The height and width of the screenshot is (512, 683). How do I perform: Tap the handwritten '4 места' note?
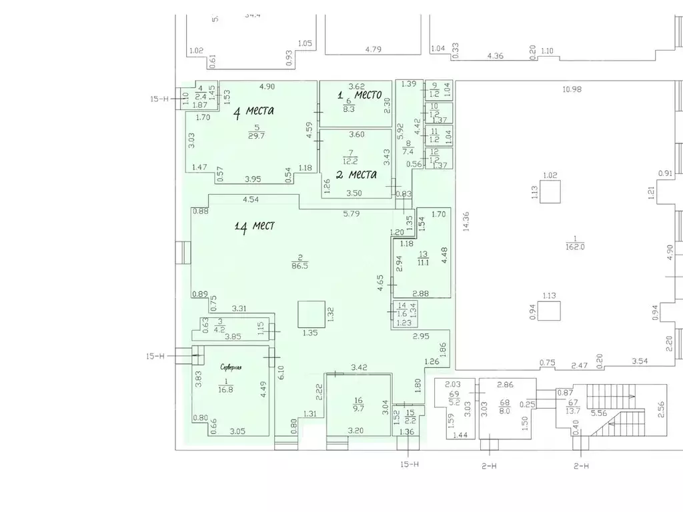(253, 111)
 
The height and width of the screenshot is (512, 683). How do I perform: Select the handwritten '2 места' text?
(356, 175)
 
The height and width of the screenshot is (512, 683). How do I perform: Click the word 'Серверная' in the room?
(231, 367)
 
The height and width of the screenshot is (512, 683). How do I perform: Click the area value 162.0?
(574, 246)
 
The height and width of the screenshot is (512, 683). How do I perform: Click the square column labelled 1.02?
(550, 192)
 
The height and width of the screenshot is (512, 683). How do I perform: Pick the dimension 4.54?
(250, 199)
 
